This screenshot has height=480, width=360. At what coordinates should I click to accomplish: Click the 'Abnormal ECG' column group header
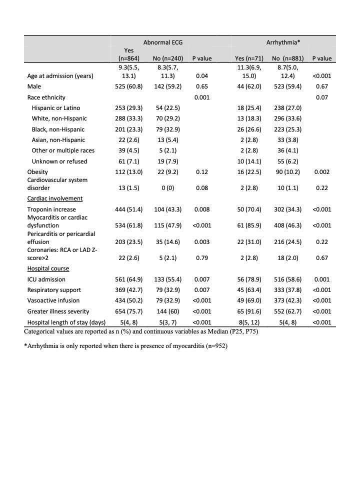pyautogui.click(x=163, y=43)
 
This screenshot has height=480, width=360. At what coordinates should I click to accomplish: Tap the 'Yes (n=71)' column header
pyautogui.click(x=249, y=58)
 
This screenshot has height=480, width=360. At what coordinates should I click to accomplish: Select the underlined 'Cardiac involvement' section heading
pyautogui.click(x=55, y=198)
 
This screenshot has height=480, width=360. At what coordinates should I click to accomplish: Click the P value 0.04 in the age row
pyautogui.click(x=202, y=76)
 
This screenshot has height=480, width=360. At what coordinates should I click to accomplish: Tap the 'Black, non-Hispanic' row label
pyautogui.click(x=59, y=129)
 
